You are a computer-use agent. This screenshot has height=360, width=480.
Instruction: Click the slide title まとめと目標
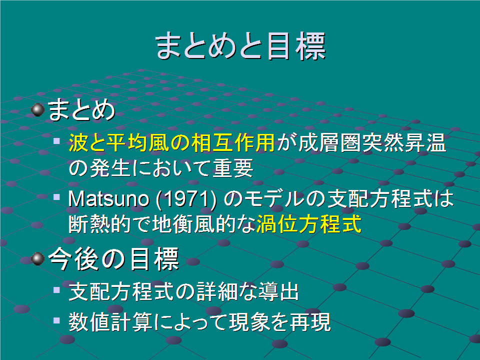[x=240, y=46]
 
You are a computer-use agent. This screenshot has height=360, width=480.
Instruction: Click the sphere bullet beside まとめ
[x=38, y=109]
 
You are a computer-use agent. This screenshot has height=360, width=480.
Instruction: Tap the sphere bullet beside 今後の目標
[x=38, y=258]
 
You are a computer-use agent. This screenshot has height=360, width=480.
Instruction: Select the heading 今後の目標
[x=114, y=259]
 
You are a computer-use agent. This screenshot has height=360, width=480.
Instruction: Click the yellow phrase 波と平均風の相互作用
[x=171, y=143]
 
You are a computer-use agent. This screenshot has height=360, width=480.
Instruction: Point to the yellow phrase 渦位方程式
[x=309, y=224]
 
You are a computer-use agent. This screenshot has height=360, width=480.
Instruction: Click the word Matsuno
[x=108, y=199]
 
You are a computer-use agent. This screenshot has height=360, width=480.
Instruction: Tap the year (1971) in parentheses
[x=186, y=199]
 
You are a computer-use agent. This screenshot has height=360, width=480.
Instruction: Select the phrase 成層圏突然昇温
[x=372, y=143]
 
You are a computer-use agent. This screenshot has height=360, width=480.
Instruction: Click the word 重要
[x=232, y=168]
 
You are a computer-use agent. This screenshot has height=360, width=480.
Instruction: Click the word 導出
[x=279, y=291]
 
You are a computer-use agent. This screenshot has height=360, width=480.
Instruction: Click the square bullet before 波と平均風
[x=56, y=140]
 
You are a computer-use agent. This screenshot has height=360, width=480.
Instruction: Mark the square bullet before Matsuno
[x=56, y=197]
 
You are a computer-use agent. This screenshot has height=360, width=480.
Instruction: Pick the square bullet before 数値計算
[x=56, y=320]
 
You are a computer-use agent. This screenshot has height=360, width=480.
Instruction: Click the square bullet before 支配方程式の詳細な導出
[x=56, y=289]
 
